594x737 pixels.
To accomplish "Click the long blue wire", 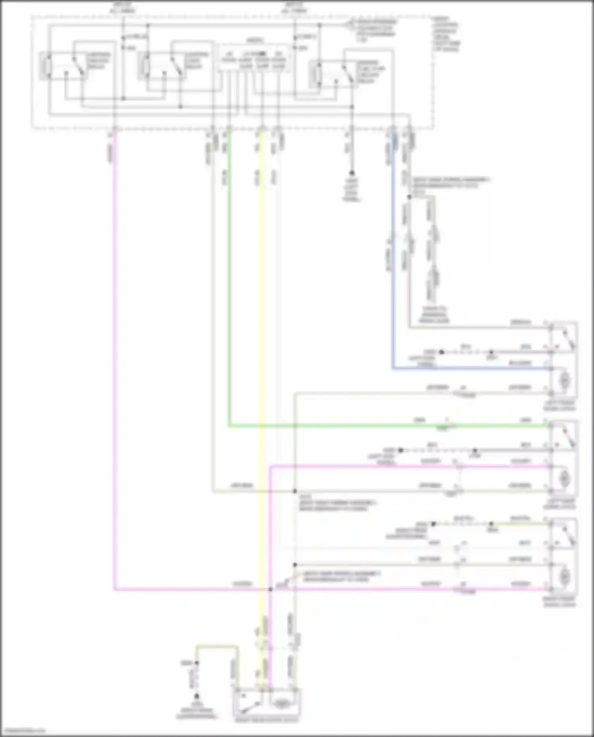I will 393,277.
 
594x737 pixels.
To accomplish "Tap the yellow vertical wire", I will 262,356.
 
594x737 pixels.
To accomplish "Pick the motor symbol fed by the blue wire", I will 564,381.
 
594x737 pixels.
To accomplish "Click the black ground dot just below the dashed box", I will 351,173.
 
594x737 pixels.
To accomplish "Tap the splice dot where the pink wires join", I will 270,589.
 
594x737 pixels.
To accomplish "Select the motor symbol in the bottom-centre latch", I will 281,703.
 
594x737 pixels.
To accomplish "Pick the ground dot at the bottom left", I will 196,696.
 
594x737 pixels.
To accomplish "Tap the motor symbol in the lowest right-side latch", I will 564,576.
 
